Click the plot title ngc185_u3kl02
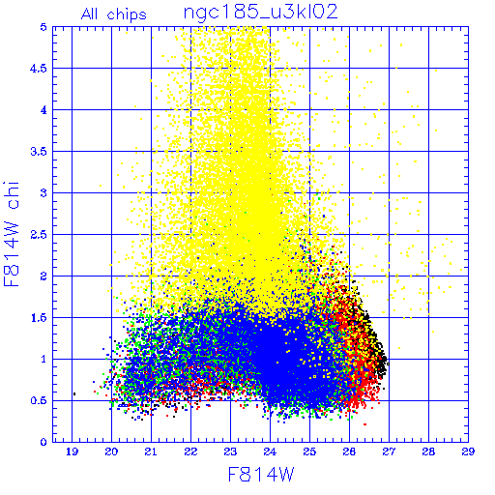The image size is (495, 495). (260, 13)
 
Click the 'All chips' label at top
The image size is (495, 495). (114, 15)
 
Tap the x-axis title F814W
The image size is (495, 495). (261, 474)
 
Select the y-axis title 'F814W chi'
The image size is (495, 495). (12, 234)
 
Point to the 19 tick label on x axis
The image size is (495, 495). (72, 451)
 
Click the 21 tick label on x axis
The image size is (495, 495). (151, 451)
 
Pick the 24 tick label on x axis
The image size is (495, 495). (270, 451)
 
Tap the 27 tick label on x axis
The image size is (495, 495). (389, 451)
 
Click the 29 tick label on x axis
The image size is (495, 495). (468, 451)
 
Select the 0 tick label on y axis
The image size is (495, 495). (44, 442)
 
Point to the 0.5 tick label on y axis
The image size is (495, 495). (39, 400)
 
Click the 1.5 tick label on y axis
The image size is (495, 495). (39, 318)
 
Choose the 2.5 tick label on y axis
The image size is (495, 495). (39, 235)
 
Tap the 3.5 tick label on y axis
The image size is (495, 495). (39, 152)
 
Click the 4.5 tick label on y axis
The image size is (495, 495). (39, 69)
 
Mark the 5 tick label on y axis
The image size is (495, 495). (44, 27)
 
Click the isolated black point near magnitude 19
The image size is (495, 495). (74, 393)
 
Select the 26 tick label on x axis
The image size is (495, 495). (349, 451)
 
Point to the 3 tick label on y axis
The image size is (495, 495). (44, 193)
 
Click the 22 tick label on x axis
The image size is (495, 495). (190, 451)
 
